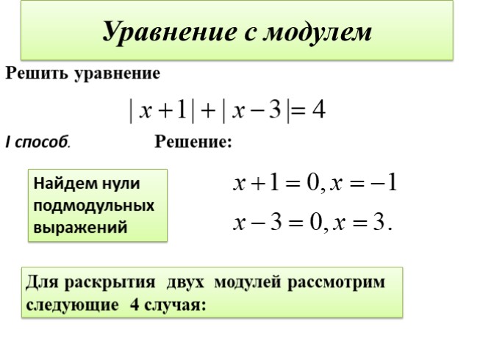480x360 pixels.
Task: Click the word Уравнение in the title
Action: pyautogui.click(x=165, y=32)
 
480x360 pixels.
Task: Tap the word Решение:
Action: pyautogui.click(x=193, y=142)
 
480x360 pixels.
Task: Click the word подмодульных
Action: pyautogui.click(x=93, y=205)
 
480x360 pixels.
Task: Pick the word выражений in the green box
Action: pyautogui.click(x=79, y=227)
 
